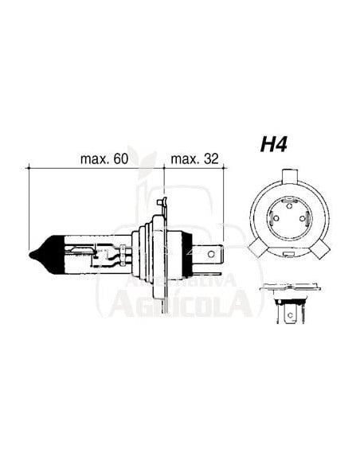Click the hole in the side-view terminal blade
point(210,255)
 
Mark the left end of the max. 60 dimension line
point(29,169)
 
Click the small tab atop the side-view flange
point(164,205)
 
